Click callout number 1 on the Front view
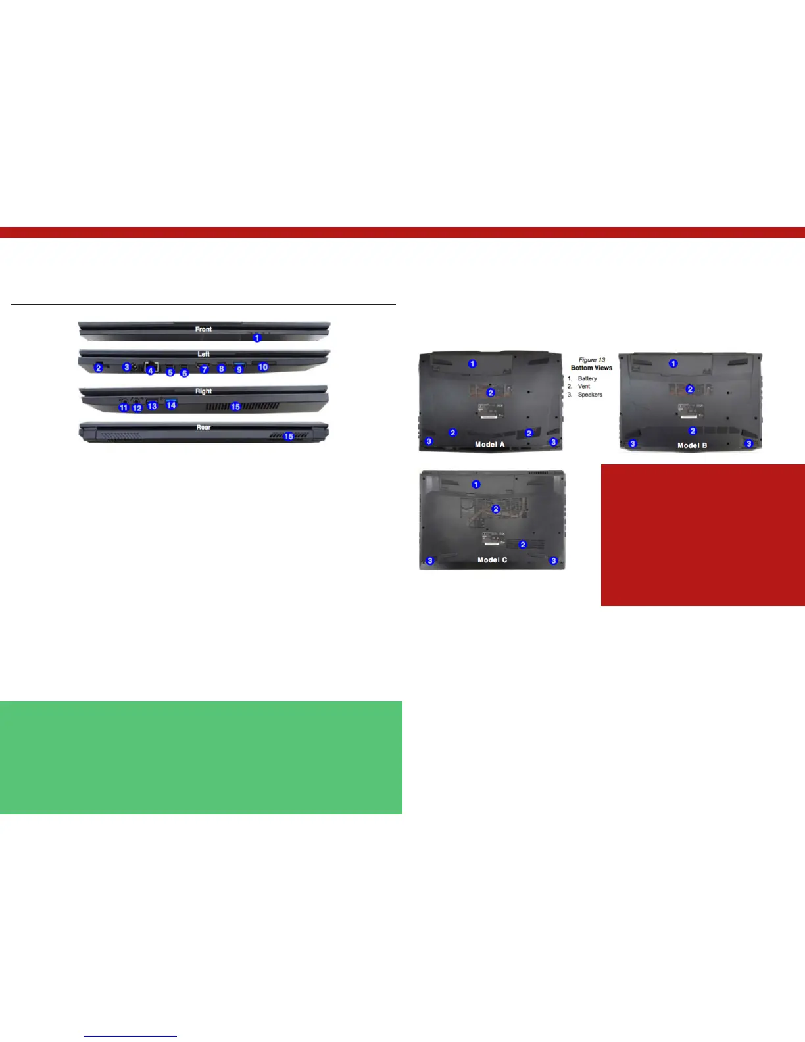pos(257,337)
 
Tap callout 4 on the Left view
pos(151,371)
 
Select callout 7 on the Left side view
pos(205,370)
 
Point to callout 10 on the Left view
pos(263,367)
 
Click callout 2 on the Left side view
pos(98,368)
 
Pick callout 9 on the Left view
pos(239,370)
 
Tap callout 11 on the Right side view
pos(123,408)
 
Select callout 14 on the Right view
pos(171,405)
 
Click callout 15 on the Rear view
pos(288,437)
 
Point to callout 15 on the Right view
pos(235,407)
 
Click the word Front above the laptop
pos(203,329)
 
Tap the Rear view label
pos(203,428)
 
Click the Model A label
pos(490,445)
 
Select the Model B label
pos(692,445)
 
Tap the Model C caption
pos(492,560)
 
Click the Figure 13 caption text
pos(592,360)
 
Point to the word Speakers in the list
pos(590,395)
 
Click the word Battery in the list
pos(587,379)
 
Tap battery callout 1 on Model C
pos(476,484)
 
